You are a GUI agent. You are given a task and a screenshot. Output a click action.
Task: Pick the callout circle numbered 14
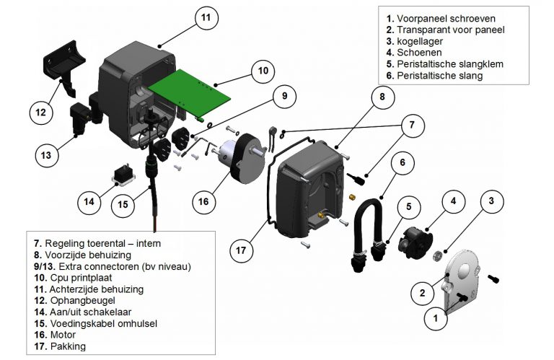(x=88, y=203)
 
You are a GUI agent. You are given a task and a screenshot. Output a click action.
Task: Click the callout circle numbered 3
(x=490, y=201)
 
